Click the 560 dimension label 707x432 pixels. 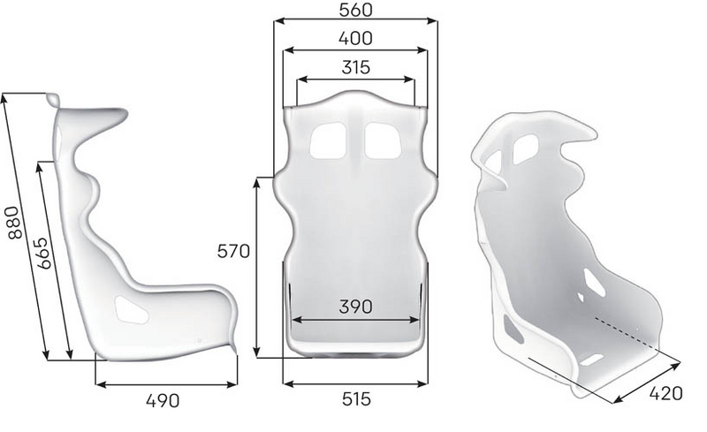pyautogui.click(x=354, y=10)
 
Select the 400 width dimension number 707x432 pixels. pyautogui.click(x=354, y=38)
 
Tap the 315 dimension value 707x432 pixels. pyautogui.click(x=354, y=66)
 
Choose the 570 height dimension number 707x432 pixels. pyautogui.click(x=234, y=250)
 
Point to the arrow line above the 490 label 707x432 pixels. pyautogui.click(x=166, y=383)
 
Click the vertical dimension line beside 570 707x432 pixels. pyautogui.click(x=256, y=265)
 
